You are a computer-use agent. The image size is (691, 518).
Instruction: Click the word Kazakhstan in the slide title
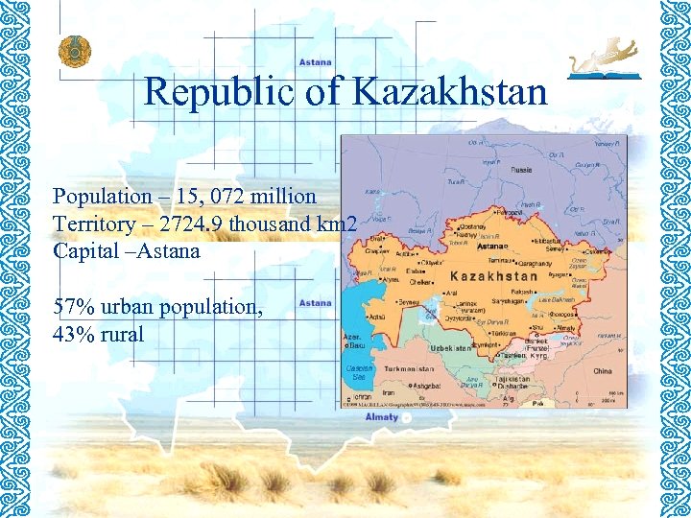(450, 92)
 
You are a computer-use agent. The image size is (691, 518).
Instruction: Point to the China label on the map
(602, 370)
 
